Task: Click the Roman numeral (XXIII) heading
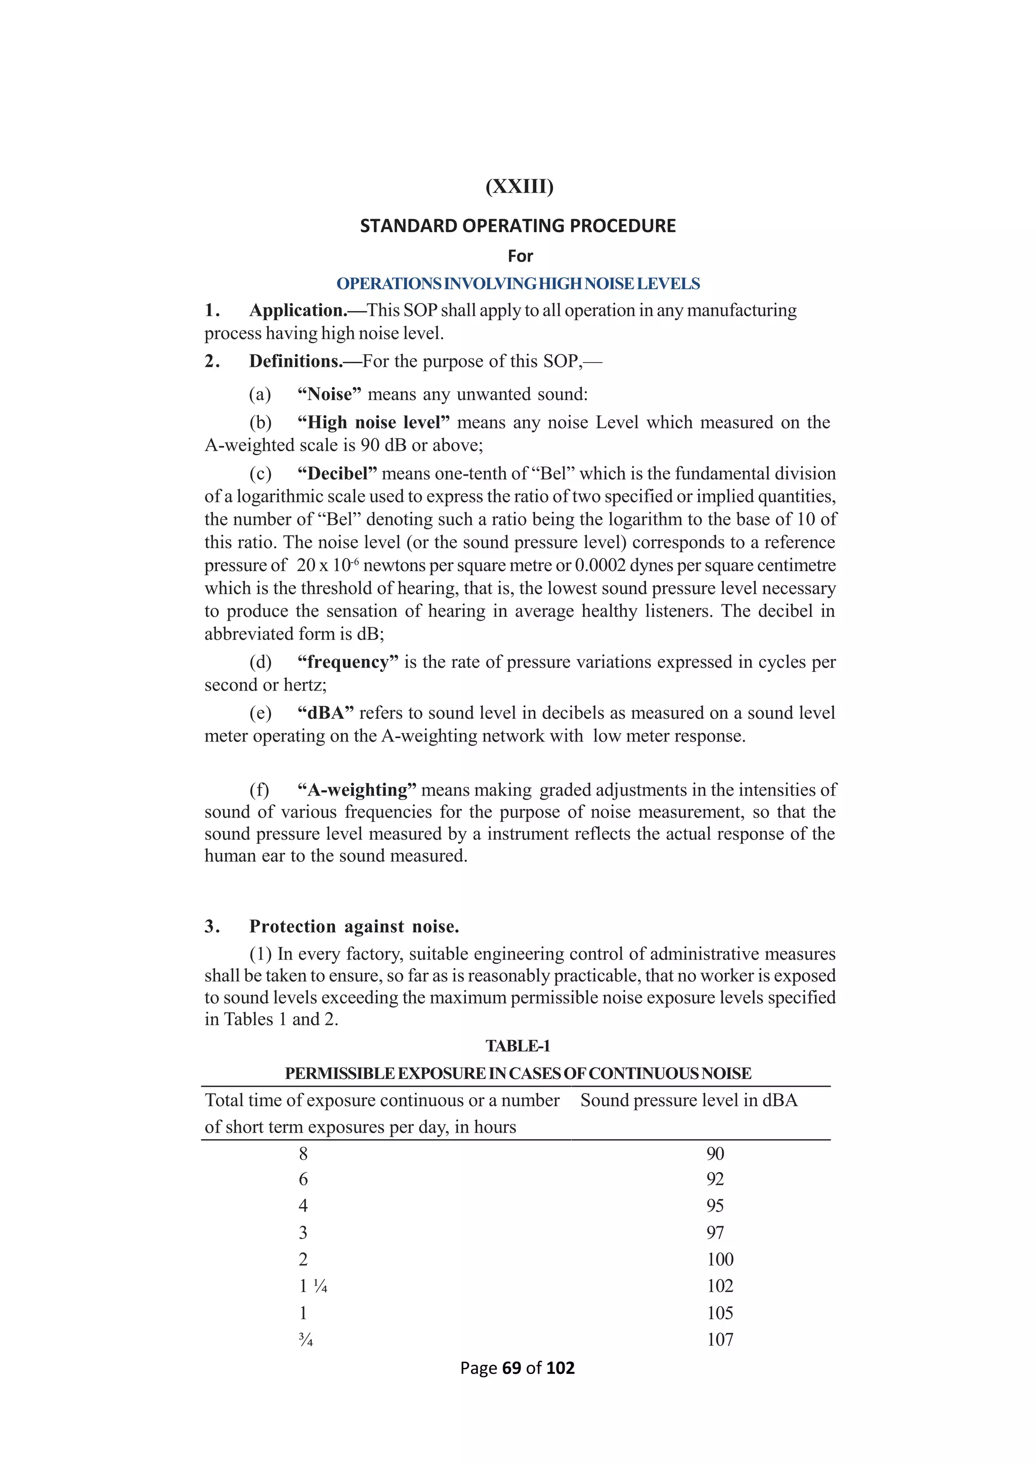pos(520,187)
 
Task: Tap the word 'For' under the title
pos(520,256)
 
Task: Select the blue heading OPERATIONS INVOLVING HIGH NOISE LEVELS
pos(518,284)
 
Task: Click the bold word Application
pos(298,311)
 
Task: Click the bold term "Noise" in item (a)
pos(329,394)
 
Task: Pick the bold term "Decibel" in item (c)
pos(337,473)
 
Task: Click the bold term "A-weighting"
pos(357,790)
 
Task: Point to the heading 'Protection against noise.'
pos(354,926)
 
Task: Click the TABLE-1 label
pos(517,1046)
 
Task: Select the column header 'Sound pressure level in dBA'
pos(689,1101)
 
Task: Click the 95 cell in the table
pos(715,1205)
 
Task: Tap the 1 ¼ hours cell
pos(313,1286)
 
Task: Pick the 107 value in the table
pos(720,1340)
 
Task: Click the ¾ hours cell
pos(306,1340)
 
